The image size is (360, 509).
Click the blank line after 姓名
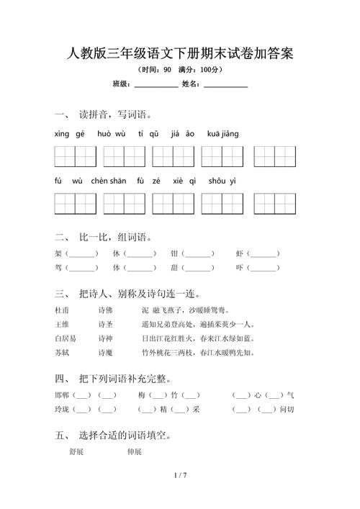[225, 85]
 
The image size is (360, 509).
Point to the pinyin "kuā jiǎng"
[223, 134]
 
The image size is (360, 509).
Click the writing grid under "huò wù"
[124, 156]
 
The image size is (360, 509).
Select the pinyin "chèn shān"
[109, 181]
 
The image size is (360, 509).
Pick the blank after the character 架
[82, 254]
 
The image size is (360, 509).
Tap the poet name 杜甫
[63, 310]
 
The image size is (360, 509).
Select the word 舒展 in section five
[76, 452]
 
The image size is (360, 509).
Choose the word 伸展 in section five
[134, 452]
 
